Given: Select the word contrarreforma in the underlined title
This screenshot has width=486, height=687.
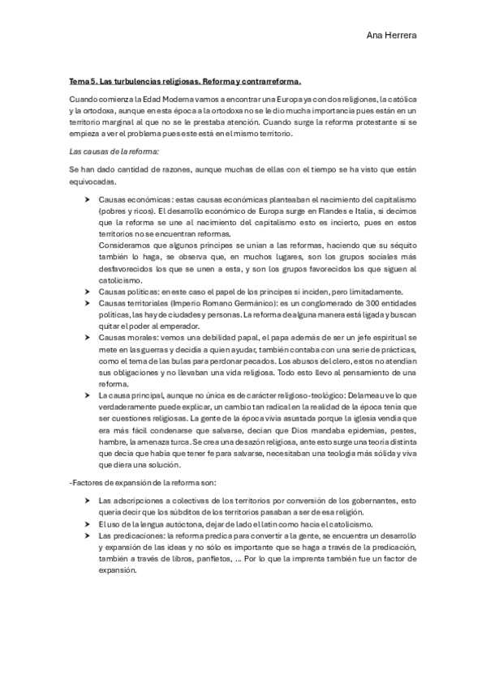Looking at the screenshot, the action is pyautogui.click(x=272, y=81).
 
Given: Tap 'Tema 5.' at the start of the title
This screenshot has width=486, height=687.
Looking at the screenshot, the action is pyautogui.click(x=82, y=81).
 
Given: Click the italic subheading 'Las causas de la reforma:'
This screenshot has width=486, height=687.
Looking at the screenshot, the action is pyautogui.click(x=113, y=151).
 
